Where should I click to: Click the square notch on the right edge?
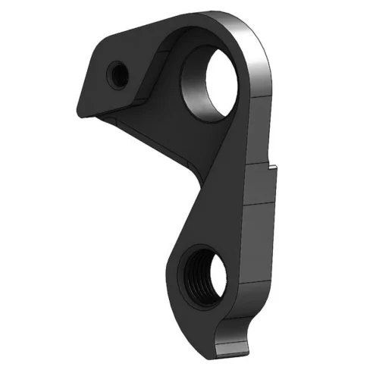[x=271, y=166]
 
